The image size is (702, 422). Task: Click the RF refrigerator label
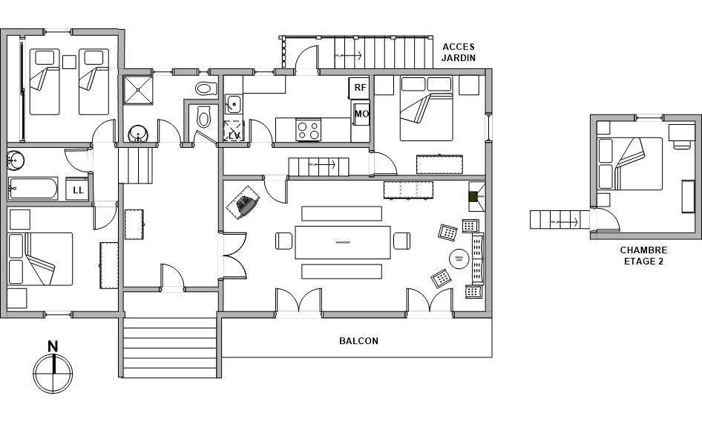point(360,88)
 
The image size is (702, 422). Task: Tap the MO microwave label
point(361,114)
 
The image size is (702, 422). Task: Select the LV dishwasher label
point(234,135)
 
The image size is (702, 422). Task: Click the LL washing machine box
point(77,189)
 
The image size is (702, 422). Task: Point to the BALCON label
point(358,341)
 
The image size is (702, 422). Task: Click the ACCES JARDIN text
point(459,52)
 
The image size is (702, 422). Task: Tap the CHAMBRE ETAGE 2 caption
point(643,256)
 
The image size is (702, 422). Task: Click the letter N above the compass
point(53,346)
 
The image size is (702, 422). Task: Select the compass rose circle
point(53,374)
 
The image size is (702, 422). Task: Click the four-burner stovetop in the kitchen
point(309,129)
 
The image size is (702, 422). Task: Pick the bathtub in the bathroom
point(33,189)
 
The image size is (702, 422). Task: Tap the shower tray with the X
point(138,90)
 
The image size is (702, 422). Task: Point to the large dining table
point(343,242)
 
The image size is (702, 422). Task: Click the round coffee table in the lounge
point(459,259)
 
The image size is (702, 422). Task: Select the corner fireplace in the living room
point(477,196)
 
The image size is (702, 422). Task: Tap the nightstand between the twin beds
point(69,62)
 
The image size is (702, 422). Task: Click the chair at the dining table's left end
point(284,241)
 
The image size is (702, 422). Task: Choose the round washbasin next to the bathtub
point(16,160)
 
